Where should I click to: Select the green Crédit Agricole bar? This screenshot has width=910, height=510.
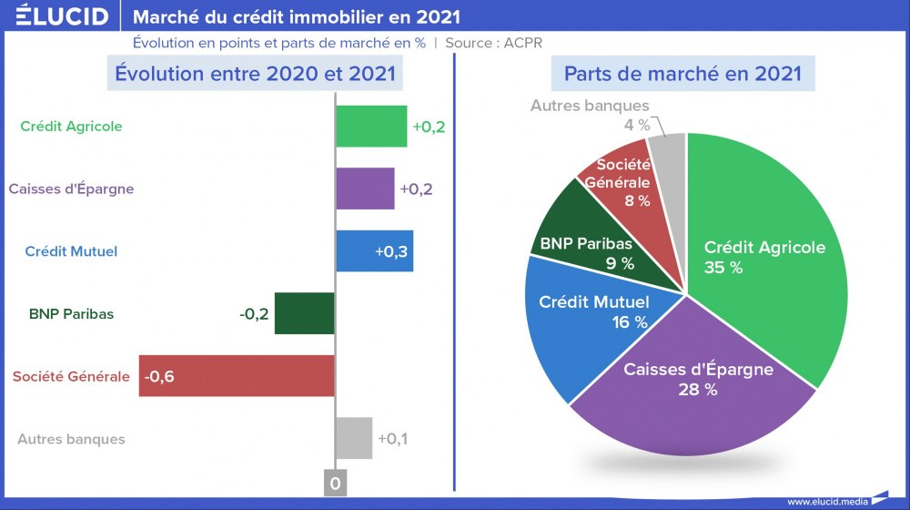click(371, 127)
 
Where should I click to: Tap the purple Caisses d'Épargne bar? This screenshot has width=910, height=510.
click(365, 189)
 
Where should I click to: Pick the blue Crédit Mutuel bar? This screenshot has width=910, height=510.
click(374, 250)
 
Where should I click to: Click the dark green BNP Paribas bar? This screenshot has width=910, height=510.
click(305, 313)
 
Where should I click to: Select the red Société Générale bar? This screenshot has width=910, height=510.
click(237, 375)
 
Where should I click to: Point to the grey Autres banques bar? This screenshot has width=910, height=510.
click(354, 438)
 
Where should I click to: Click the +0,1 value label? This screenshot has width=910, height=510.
click(393, 439)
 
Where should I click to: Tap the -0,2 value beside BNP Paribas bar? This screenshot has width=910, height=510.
click(254, 314)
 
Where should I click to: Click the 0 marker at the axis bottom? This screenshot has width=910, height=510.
click(335, 484)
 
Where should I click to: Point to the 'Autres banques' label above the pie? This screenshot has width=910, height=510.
click(590, 106)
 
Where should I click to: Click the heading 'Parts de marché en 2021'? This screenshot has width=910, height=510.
click(682, 74)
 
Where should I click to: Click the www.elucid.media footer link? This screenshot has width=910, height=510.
click(826, 501)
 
